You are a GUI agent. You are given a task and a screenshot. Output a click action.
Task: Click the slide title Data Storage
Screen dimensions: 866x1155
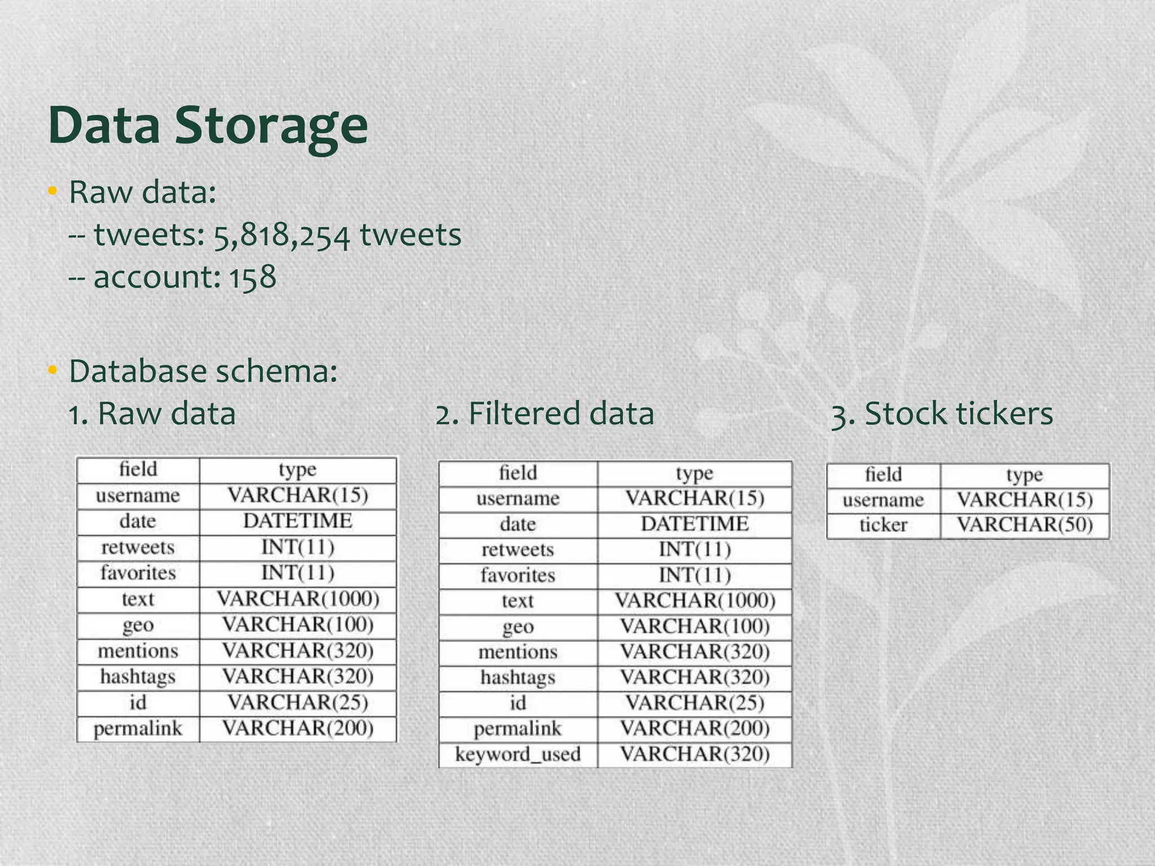click(x=208, y=125)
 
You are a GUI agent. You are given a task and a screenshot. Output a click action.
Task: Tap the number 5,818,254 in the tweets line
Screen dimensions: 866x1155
click(x=281, y=236)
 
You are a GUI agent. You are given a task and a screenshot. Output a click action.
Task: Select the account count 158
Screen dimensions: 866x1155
click(x=252, y=277)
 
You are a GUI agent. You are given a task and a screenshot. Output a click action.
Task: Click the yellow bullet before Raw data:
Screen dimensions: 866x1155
click(x=52, y=192)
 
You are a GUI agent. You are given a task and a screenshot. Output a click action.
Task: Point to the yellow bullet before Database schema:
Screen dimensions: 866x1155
click(x=52, y=371)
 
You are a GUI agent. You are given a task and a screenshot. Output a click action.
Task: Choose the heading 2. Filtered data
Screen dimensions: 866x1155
click(x=545, y=413)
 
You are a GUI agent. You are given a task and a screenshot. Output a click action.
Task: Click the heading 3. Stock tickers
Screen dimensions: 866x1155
click(x=942, y=413)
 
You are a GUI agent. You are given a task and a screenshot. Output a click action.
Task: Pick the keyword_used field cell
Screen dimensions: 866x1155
click(x=518, y=754)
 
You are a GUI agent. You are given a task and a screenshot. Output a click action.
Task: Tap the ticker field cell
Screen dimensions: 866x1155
click(x=883, y=525)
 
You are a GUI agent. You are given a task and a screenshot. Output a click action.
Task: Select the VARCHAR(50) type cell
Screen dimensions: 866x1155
click(x=1025, y=525)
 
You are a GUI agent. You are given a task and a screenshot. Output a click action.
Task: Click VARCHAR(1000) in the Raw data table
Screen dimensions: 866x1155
click(x=298, y=599)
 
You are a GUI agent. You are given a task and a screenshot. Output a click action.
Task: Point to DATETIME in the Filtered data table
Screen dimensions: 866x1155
click(x=695, y=524)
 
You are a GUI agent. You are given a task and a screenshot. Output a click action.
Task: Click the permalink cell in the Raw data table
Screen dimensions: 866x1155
click(x=138, y=728)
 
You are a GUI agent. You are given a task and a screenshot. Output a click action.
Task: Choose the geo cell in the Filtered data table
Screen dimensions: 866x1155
click(x=518, y=626)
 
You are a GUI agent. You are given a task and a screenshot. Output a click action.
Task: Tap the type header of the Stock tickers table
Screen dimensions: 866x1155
click(x=1025, y=475)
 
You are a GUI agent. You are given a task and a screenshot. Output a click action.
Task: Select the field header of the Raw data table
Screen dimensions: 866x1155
click(x=138, y=469)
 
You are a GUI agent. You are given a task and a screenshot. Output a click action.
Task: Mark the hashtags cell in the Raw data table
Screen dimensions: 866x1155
click(x=138, y=677)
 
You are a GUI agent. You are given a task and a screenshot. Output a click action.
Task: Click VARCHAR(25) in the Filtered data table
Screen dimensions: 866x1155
click(x=695, y=703)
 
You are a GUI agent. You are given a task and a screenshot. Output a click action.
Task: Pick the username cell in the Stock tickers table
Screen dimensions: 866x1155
click(x=883, y=500)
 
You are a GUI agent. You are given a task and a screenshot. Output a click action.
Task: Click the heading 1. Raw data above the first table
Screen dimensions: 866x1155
click(x=152, y=413)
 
